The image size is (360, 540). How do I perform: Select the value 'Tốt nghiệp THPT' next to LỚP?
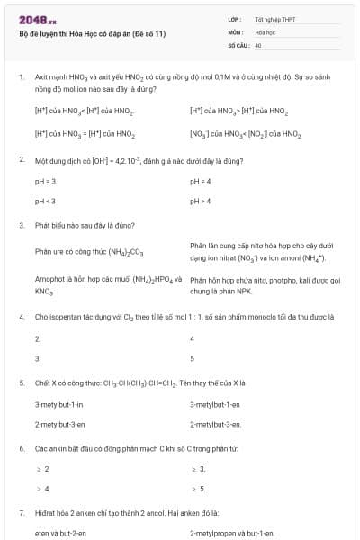275,19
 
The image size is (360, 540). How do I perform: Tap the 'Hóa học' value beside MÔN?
265,31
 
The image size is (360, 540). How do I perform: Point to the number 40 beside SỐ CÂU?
258,44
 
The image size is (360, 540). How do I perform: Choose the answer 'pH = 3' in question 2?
46,181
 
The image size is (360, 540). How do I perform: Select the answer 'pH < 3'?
46,201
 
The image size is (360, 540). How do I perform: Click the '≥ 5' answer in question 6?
198,489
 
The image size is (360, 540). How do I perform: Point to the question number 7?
21,512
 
